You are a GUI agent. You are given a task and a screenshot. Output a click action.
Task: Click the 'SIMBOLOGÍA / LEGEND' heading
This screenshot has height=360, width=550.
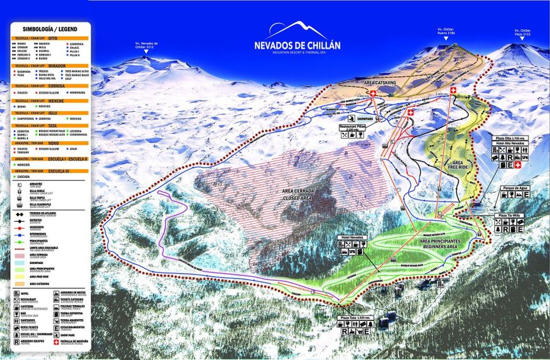[x=51, y=29]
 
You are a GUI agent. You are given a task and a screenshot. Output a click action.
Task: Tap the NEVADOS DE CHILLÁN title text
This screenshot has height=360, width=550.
[x=298, y=46]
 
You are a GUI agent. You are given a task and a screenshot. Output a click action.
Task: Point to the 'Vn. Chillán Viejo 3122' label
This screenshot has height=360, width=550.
[x=521, y=32]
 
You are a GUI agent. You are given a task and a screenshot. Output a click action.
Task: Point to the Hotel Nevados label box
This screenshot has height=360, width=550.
[x=352, y=237]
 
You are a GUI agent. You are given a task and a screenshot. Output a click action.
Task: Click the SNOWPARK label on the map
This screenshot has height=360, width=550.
[x=366, y=118]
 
